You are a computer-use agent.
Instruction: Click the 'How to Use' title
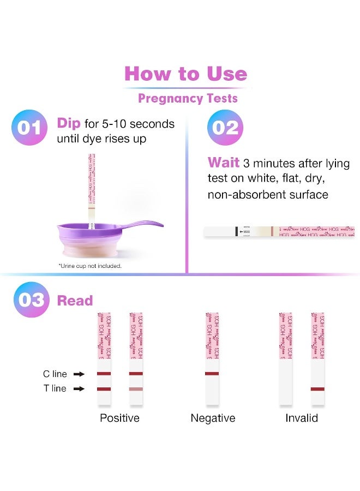point(185,74)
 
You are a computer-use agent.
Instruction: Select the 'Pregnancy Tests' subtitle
point(188,99)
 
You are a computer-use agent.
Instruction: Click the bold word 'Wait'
point(224,163)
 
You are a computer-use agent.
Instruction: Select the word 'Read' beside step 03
point(75,301)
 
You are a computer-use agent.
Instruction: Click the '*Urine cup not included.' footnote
point(90,266)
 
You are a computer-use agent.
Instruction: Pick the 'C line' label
point(55,374)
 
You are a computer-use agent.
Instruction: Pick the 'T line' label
point(55,389)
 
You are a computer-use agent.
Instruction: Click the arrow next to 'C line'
point(79,374)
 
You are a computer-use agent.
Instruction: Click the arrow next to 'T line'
point(79,389)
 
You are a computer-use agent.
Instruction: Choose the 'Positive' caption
point(119,418)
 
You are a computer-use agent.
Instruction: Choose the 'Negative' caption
point(213,418)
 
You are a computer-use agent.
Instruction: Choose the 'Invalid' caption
point(302,418)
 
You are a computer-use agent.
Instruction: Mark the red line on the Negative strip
point(212,374)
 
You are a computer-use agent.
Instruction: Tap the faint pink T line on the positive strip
point(136,389)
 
